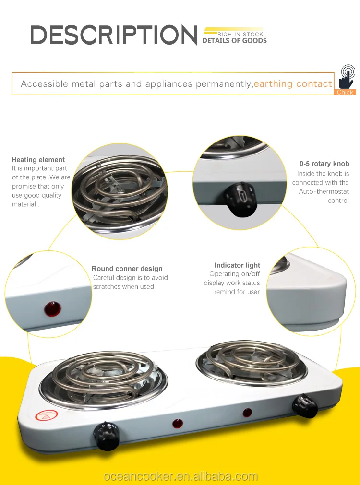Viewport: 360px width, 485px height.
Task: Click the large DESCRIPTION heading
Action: click(114, 35)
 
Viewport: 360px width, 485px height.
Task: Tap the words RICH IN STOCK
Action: click(240, 35)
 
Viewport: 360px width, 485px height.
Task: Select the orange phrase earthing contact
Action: click(293, 83)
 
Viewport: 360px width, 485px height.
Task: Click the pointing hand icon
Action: click(347, 77)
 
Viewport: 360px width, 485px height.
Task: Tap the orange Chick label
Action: click(345, 92)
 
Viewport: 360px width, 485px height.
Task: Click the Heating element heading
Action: click(38, 160)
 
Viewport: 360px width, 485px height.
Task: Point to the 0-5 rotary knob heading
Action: click(324, 164)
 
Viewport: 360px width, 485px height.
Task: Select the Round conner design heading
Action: click(127, 269)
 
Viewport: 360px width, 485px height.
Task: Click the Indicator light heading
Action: click(237, 265)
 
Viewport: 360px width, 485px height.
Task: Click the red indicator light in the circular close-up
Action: click(52, 309)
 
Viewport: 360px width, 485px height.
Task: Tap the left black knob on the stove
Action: click(107, 436)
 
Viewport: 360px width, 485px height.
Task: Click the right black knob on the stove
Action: click(305, 405)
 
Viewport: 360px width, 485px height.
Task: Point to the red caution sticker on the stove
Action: click(47, 415)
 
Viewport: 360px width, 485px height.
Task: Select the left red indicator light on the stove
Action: click(178, 424)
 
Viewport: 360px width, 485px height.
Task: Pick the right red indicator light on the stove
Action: click(247, 413)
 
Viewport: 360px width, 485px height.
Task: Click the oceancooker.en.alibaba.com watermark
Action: click(180, 476)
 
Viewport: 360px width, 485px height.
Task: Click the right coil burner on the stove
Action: click(252, 360)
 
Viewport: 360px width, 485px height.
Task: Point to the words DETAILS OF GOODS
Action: click(234, 40)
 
